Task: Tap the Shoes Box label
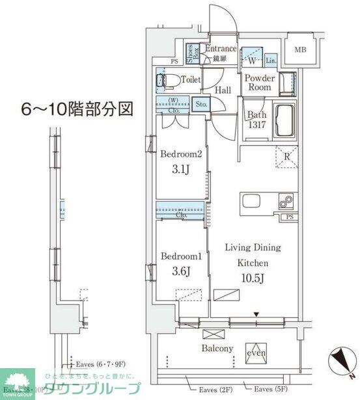click(x=193, y=53)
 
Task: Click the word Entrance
click(x=220, y=48)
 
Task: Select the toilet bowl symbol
click(x=169, y=81)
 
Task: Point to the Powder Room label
click(x=260, y=83)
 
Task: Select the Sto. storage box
click(x=201, y=103)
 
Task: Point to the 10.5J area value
click(x=253, y=278)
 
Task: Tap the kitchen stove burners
click(x=286, y=202)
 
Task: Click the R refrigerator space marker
click(x=287, y=156)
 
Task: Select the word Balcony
click(x=217, y=349)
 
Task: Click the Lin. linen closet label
click(x=271, y=60)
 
